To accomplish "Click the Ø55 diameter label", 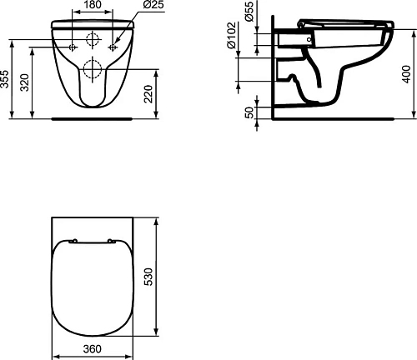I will [x=251, y=14].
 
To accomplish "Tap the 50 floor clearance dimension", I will [x=249, y=112].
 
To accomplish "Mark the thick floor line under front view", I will [x=92, y=118].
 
